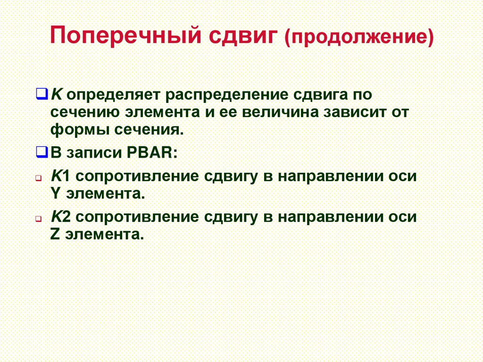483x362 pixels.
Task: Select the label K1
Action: tap(60, 176)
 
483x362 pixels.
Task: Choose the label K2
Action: tap(60, 217)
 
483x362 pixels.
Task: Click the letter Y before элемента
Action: tap(54, 194)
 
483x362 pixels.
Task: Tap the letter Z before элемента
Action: tap(54, 234)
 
